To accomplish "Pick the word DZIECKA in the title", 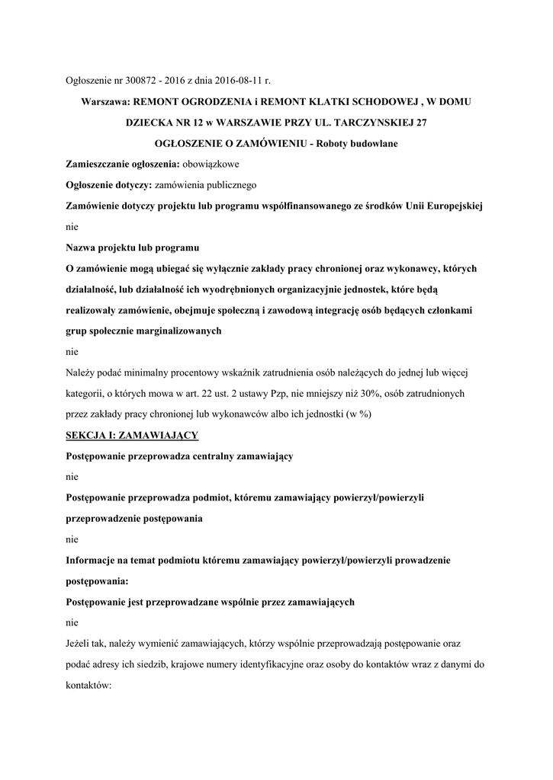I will pyautogui.click(x=151, y=123).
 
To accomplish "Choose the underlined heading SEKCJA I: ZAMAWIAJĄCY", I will pyautogui.click(x=132, y=435).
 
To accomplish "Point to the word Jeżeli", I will pyautogui.click(x=80, y=643).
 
